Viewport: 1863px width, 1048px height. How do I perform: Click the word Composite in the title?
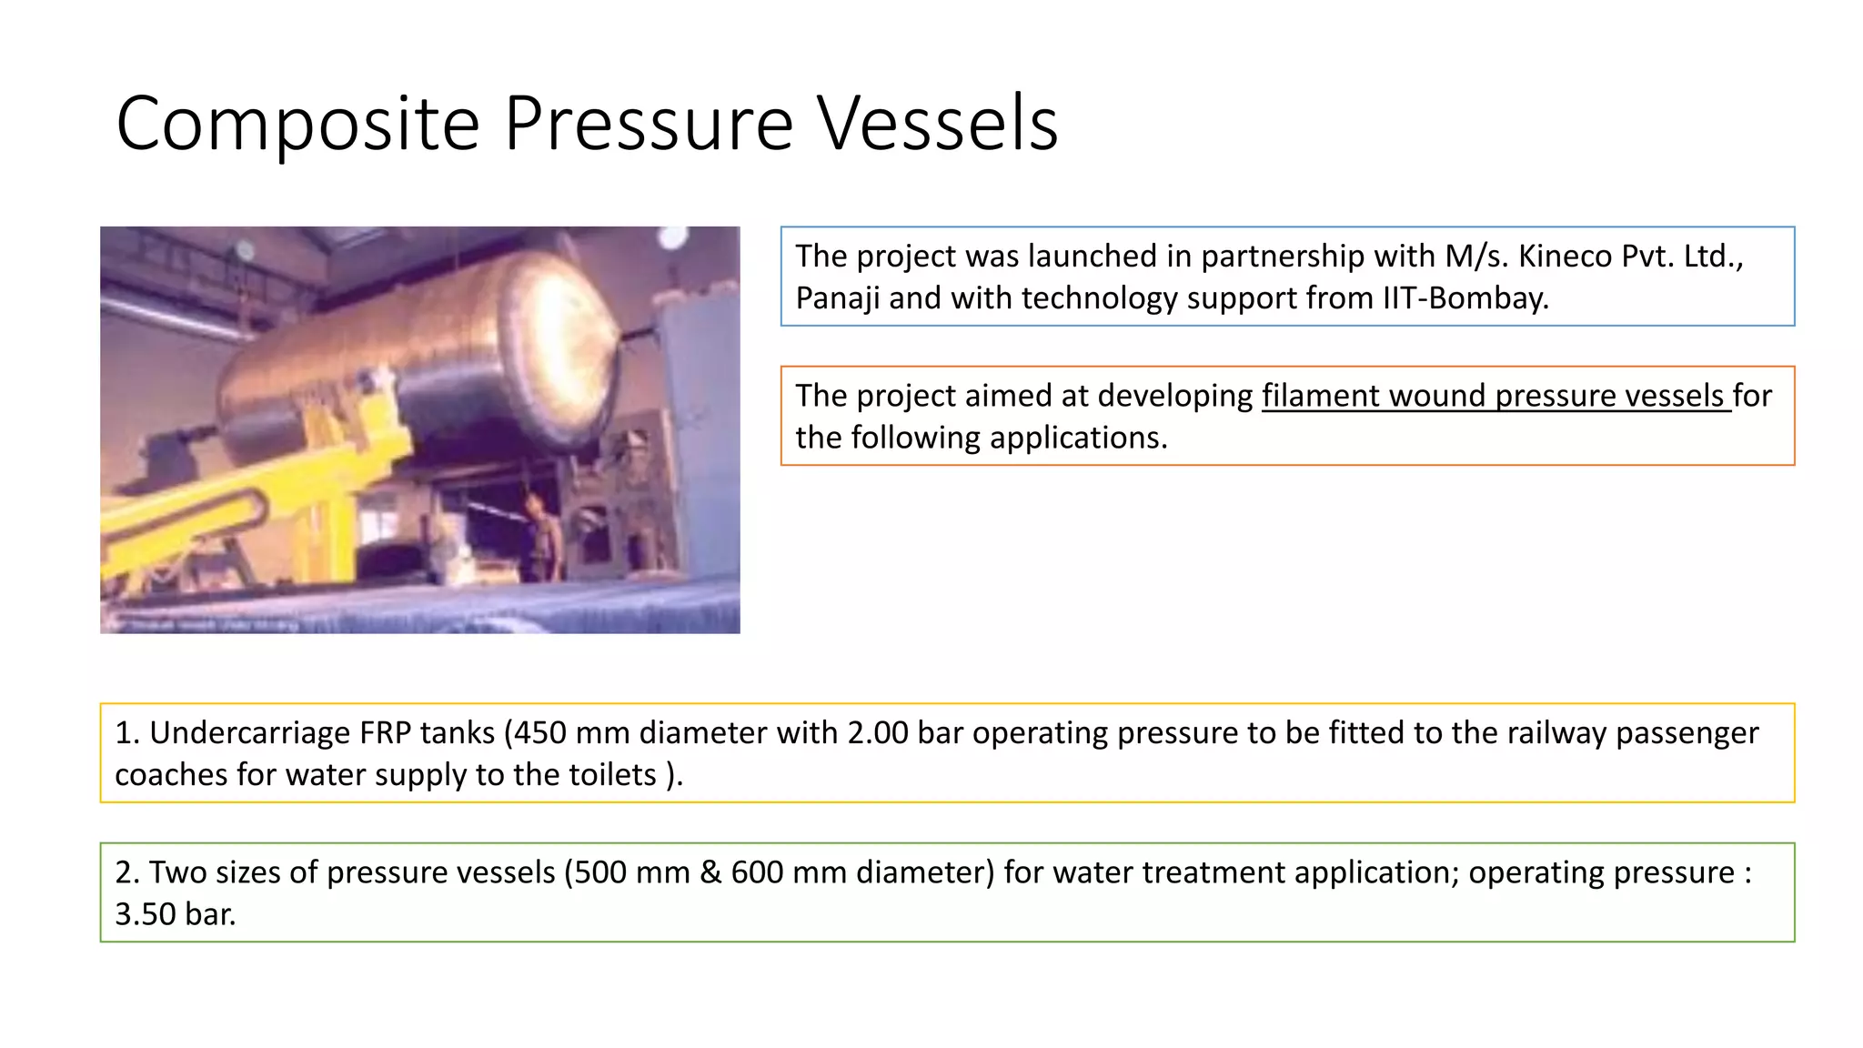click(297, 124)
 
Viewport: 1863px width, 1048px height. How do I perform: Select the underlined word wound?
click(1437, 396)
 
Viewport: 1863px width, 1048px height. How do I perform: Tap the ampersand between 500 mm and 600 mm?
click(710, 872)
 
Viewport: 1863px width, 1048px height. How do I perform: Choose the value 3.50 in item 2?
click(146, 914)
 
